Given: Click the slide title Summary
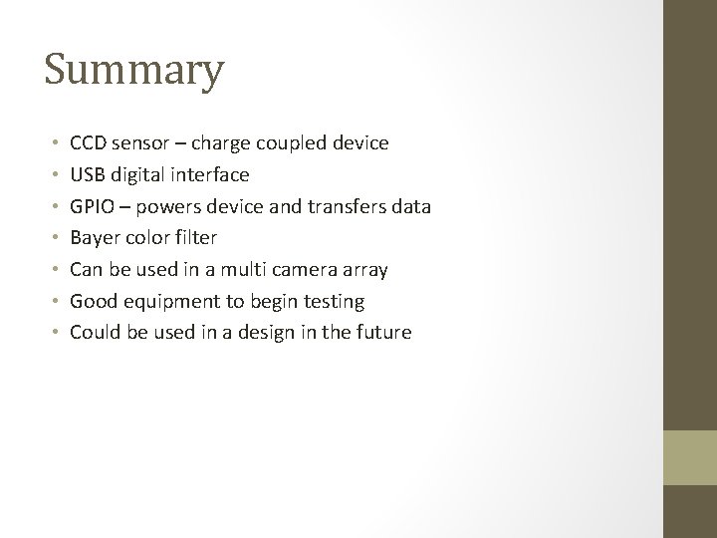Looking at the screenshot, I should [134, 71].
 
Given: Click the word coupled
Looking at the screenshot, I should [292, 143].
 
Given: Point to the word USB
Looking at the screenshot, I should [88, 175].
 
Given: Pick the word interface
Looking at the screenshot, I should [211, 175].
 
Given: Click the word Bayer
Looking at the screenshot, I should [93, 238].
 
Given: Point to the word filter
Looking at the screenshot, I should [194, 238].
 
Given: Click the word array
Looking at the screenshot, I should [363, 270].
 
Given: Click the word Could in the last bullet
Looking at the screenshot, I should [94, 333].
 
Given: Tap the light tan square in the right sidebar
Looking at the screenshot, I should [690, 457].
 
